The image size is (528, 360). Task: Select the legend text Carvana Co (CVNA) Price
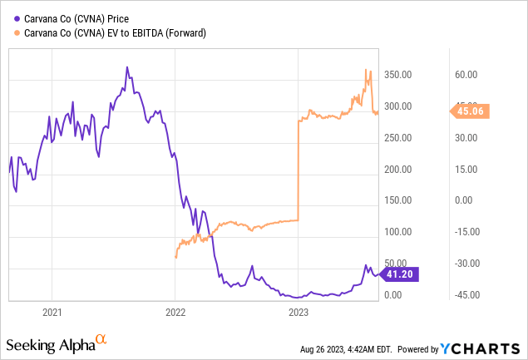click(x=76, y=16)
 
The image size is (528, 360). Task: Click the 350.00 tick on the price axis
click(x=398, y=75)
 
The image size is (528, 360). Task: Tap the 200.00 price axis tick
click(x=398, y=169)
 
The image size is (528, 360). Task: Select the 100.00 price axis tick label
click(x=398, y=232)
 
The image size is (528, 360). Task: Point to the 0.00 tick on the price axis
click(x=394, y=295)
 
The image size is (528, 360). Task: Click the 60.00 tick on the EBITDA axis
click(x=465, y=75)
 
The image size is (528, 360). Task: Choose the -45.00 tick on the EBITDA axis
click(x=463, y=295)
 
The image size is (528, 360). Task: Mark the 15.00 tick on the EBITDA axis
click(x=465, y=169)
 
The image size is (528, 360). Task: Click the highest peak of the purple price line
click(x=126, y=67)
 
